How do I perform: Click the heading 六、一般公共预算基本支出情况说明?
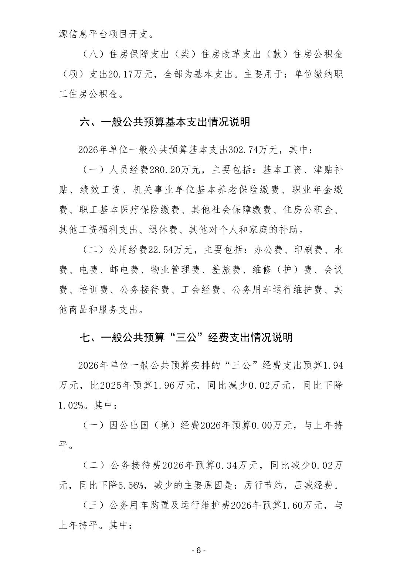[x=165, y=122]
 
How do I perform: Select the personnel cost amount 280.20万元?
[x=174, y=170]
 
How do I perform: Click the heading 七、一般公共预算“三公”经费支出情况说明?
[x=186, y=337]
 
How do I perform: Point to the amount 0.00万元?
[x=273, y=426]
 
